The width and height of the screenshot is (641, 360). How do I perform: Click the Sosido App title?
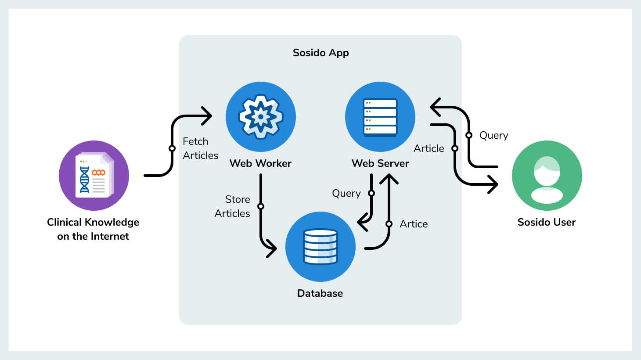pyautogui.click(x=320, y=53)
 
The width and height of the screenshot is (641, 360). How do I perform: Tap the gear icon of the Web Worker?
pyautogui.click(x=261, y=116)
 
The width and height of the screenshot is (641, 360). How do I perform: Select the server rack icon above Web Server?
pyautogui.click(x=380, y=117)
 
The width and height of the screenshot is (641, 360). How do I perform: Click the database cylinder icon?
pyautogui.click(x=320, y=246)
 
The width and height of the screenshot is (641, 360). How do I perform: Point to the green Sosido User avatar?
pyautogui.click(x=547, y=176)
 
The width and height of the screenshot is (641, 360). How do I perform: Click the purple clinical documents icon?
pyautogui.click(x=94, y=176)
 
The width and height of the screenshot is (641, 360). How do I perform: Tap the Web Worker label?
pyautogui.click(x=260, y=163)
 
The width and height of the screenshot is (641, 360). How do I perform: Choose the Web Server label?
pyautogui.click(x=380, y=163)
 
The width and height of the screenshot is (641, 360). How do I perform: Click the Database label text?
pyautogui.click(x=320, y=293)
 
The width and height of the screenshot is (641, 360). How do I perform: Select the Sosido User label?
pyautogui.click(x=547, y=222)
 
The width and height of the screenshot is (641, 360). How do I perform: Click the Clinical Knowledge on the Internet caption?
pyautogui.click(x=93, y=229)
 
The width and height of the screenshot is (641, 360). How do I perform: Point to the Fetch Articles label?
pyautogui.click(x=200, y=148)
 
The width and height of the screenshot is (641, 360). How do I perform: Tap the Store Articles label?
pyautogui.click(x=232, y=206)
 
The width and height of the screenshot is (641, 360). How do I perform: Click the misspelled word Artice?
pyautogui.click(x=414, y=224)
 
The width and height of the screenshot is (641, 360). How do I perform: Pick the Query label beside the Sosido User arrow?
pyautogui.click(x=494, y=135)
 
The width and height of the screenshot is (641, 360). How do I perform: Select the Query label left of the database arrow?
pyautogui.click(x=346, y=193)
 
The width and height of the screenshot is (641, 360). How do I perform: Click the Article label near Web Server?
pyautogui.click(x=429, y=148)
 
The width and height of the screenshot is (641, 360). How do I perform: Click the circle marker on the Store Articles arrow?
pyautogui.click(x=261, y=206)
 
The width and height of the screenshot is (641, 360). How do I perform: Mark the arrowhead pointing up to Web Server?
pyautogui.click(x=389, y=178)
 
